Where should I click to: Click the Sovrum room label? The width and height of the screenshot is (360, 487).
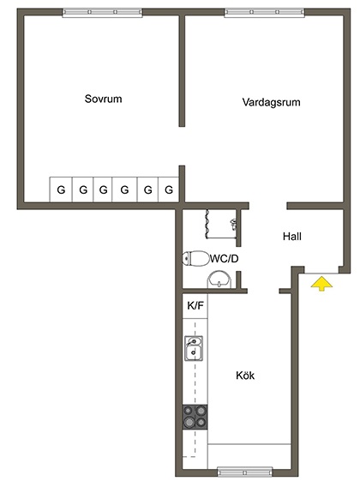tap(103, 99)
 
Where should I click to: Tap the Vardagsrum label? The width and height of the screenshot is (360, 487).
tap(271, 102)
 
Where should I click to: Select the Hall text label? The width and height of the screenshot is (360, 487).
tap(292, 237)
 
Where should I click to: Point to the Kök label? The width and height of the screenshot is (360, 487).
tap(245, 376)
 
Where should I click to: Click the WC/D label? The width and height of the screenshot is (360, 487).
tap(225, 258)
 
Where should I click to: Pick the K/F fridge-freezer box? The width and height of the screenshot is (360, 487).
tap(195, 305)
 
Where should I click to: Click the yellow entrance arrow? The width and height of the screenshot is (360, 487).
tap(321, 285)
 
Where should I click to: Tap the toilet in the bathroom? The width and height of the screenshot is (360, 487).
tap(195, 258)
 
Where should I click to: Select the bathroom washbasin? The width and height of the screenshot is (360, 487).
tap(220, 280)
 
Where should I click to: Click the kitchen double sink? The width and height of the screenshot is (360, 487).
tap(194, 348)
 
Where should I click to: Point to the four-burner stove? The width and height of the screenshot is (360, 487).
tap(195, 417)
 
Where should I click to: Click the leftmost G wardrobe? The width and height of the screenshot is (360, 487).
tap(61, 189)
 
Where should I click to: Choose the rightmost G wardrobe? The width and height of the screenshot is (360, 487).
tap(169, 189)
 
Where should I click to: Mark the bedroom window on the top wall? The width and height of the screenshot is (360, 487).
tap(102, 12)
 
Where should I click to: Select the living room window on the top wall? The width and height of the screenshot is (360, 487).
tap(264, 12)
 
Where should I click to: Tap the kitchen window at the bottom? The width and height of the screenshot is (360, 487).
tap(245, 472)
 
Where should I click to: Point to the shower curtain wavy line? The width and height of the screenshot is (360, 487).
tap(206, 224)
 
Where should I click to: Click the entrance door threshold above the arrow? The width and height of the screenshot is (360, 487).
tap(321, 274)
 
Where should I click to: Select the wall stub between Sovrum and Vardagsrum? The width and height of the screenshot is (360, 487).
tap(182, 71)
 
